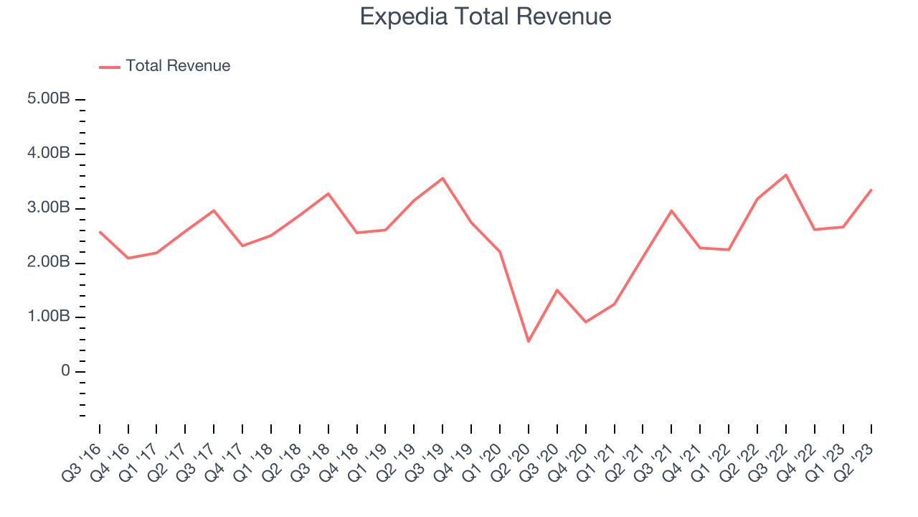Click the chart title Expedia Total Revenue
[486, 17]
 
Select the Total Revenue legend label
[178, 66]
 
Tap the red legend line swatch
[110, 67]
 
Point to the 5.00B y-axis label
[49, 99]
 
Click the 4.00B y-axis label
[49, 154]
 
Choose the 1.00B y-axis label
[49, 317]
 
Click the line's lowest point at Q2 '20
[529, 341]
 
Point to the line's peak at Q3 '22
[786, 174]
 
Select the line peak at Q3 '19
[443, 178]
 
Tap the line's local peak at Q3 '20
[557, 290]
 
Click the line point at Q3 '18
[328, 193]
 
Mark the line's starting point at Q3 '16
[100, 231]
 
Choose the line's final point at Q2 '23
[871, 190]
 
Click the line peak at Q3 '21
[671, 210]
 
